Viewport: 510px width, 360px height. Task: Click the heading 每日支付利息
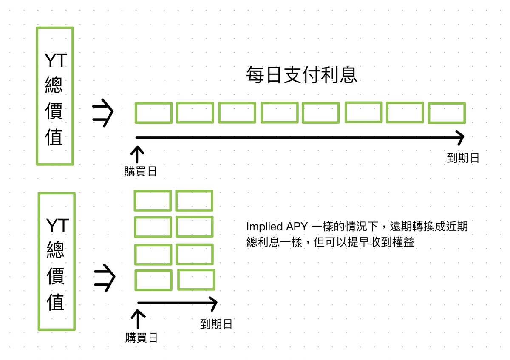pos(302,75)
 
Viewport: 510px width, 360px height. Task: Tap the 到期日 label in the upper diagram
pos(463,158)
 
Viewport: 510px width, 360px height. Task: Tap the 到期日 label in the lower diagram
pos(216,324)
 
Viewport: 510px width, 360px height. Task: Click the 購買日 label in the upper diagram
pos(140,171)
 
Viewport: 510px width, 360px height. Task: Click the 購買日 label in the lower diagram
pos(142,338)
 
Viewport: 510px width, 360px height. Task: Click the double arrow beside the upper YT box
pos(103,113)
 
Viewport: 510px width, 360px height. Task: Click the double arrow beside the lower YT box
pos(105,278)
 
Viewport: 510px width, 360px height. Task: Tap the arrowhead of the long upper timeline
pos(460,137)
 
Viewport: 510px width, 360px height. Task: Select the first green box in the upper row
pos(153,113)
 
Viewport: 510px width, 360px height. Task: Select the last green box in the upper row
pos(447,113)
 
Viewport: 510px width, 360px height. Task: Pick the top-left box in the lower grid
pos(153,201)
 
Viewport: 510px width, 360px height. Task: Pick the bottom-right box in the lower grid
pos(196,280)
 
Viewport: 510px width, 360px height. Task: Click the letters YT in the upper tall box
pos(56,60)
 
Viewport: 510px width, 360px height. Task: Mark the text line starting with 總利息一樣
pos(330,242)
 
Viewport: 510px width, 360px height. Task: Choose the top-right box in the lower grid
pos(194,201)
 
